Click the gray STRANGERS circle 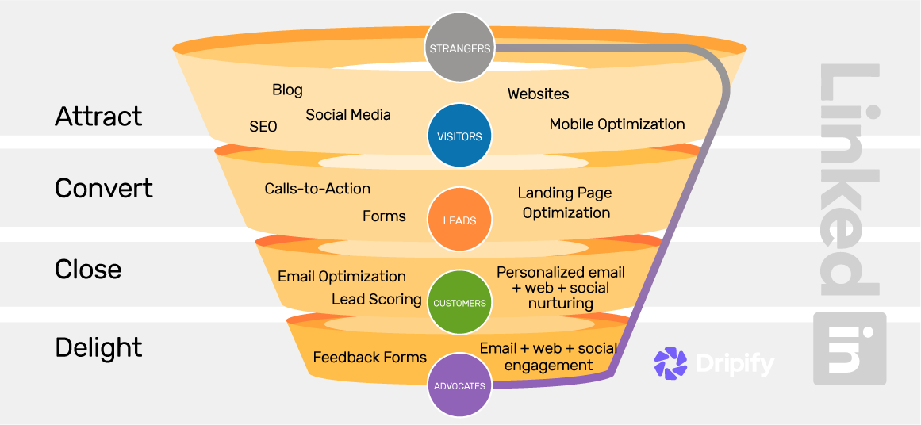459,48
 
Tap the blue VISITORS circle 459,136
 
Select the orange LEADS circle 459,220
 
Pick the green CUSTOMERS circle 459,303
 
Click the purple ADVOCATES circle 459,385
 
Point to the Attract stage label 98,117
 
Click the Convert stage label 104,189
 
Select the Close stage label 88,270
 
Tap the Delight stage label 98,347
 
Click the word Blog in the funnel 287,90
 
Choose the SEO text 263,127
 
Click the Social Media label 348,115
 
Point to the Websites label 538,94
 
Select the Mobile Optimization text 617,124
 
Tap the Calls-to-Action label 317,189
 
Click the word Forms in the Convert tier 384,216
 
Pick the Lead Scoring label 376,299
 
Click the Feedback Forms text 370,358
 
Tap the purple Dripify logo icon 670,363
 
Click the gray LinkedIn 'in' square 849,348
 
